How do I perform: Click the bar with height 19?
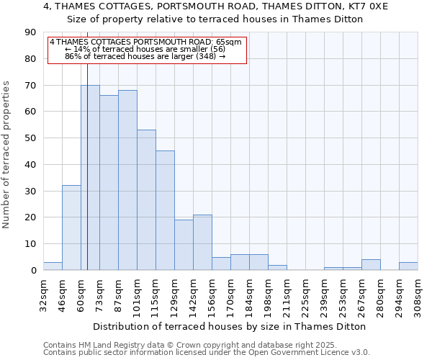(184, 245)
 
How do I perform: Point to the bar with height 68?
(127, 180)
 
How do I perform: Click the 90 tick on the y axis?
(30, 32)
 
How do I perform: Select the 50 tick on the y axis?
(30, 138)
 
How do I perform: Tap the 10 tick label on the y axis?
(30, 244)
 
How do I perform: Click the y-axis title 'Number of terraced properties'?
(6, 155)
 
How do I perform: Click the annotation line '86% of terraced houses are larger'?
(145, 56)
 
